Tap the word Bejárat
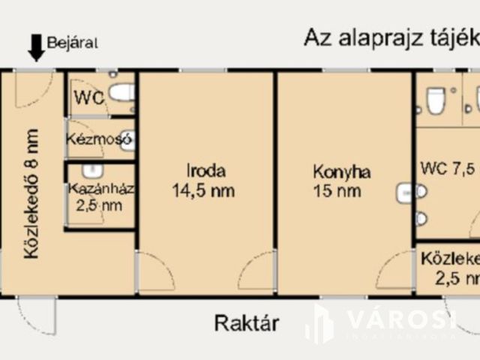click(x=73, y=42)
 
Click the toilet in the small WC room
click(x=121, y=94)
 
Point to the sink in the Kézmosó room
click(x=127, y=139)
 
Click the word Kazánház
click(x=100, y=188)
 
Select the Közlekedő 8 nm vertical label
click(x=31, y=193)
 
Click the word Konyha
click(x=342, y=171)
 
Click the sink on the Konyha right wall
click(x=405, y=192)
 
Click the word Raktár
click(x=247, y=324)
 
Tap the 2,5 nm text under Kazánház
click(x=97, y=205)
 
